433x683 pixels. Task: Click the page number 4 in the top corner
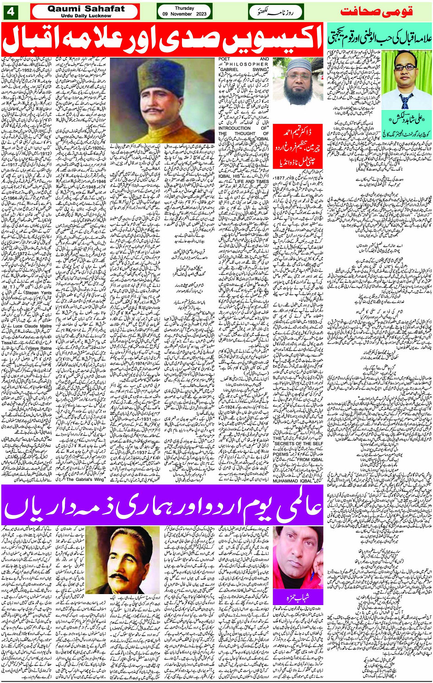pyautogui.click(x=10, y=11)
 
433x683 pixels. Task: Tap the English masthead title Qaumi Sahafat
pyautogui.click(x=86, y=8)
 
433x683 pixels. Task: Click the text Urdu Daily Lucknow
pyautogui.click(x=86, y=16)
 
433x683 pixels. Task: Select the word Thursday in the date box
pyautogui.click(x=184, y=8)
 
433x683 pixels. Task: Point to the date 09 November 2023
pyautogui.click(x=184, y=14)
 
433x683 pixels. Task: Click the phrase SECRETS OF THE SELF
pyautogui.click(x=298, y=443)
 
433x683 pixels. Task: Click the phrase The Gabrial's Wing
pyautogui.click(x=85, y=479)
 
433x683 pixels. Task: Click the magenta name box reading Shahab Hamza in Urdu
pyautogui.click(x=298, y=597)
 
